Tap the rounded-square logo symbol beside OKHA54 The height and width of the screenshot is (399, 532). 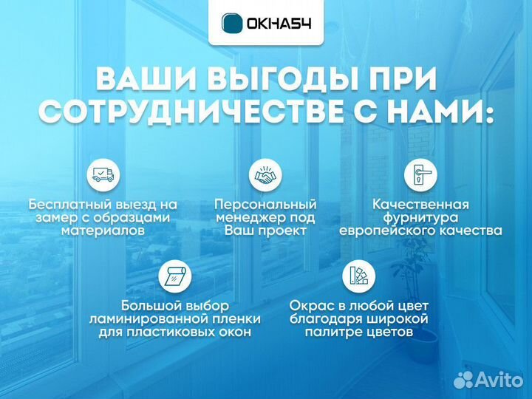pos(233,23)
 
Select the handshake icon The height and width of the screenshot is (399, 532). pos(265,175)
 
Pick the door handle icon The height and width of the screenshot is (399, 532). pos(420,175)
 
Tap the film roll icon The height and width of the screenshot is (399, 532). pos(175,276)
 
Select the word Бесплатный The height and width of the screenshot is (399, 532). pos(73,203)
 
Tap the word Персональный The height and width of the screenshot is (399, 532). pos(265,203)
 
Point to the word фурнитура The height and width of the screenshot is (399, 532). pos(420,217)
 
